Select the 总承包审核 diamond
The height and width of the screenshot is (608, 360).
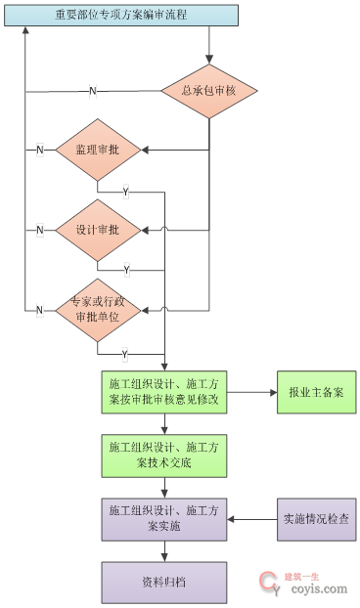209,90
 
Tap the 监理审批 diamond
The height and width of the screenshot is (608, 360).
98,150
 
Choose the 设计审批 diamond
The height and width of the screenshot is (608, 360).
98,230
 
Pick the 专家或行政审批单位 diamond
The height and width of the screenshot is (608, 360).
98,310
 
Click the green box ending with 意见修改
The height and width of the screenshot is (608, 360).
164,392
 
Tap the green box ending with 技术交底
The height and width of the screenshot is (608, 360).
164,455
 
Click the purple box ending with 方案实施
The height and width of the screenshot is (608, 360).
164,518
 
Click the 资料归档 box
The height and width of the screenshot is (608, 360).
164,582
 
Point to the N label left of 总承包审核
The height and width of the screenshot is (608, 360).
93,91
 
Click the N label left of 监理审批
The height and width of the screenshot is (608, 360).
40,150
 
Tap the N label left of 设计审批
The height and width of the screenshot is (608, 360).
40,230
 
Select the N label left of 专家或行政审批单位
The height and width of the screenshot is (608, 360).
40,310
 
